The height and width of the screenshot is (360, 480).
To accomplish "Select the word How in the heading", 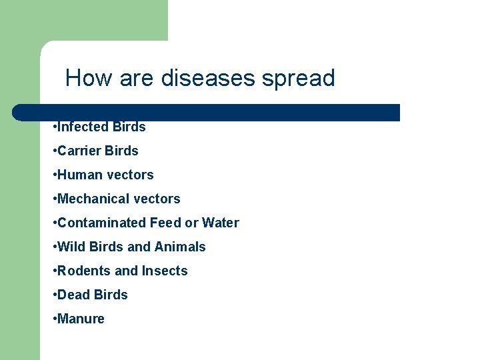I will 89,79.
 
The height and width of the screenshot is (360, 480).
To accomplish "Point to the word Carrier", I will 79,151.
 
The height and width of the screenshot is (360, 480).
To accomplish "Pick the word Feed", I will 165,223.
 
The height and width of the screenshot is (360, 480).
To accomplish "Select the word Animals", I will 180,247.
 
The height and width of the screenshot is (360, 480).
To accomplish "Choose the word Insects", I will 165,271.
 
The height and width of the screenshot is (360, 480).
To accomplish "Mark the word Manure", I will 81,319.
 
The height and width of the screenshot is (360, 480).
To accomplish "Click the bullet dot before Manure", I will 54,319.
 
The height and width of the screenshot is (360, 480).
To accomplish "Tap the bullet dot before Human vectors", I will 54,175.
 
